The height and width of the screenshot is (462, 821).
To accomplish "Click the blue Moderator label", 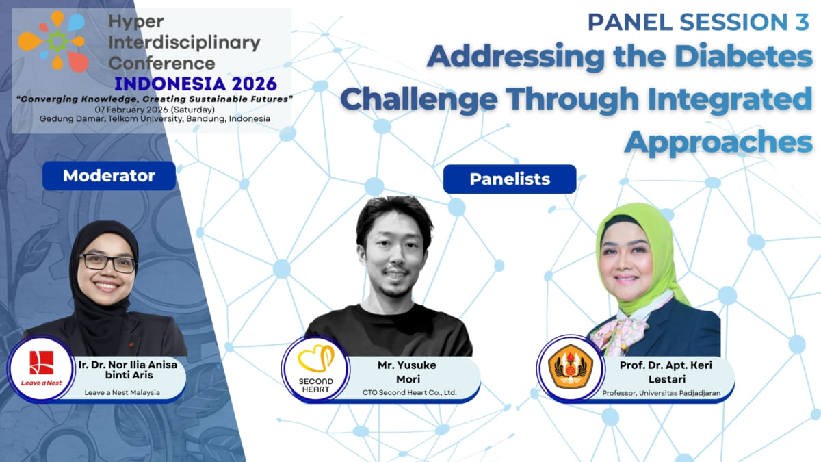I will pyautogui.click(x=109, y=176).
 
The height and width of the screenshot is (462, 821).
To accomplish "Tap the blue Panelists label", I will pyautogui.click(x=510, y=179).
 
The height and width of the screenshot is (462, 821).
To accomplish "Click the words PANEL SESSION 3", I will pyautogui.click(x=698, y=22).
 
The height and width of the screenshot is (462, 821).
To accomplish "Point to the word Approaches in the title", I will pyautogui.click(x=718, y=142).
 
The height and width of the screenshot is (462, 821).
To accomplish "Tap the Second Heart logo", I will pyautogui.click(x=316, y=370).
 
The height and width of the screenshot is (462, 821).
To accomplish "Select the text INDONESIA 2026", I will pyautogui.click(x=196, y=84).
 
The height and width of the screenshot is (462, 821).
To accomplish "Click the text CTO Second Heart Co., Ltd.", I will pyautogui.click(x=409, y=392).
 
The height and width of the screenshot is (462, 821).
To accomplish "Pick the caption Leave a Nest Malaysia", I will pyautogui.click(x=122, y=392).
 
